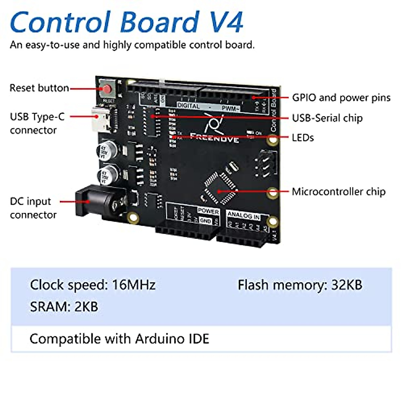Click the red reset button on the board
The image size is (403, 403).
[107, 89]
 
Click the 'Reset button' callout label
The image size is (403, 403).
[39, 88]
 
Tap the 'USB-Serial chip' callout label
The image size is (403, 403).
[327, 118]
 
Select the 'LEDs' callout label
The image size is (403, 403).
[303, 138]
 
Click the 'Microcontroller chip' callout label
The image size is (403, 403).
[339, 192]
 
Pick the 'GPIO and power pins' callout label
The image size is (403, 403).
[341, 98]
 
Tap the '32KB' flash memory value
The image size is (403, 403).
[347, 285]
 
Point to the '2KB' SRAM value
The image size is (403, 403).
[86, 307]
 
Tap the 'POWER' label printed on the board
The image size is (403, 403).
[208, 211]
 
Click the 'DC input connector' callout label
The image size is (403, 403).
[33, 208]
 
